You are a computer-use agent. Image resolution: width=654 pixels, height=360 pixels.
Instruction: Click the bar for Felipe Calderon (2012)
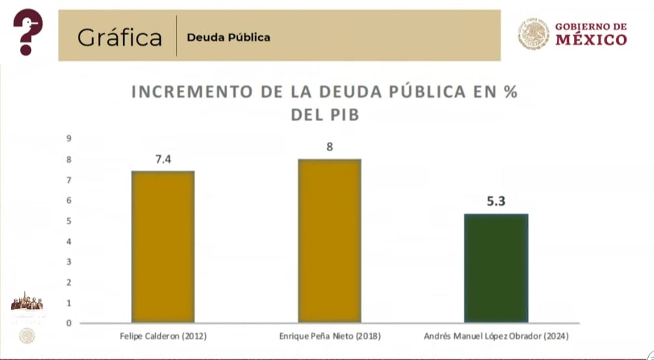(x=163, y=247)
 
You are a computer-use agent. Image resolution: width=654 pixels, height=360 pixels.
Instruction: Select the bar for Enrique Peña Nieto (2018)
(x=329, y=241)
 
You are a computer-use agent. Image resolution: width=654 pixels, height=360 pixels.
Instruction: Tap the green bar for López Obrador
(x=496, y=268)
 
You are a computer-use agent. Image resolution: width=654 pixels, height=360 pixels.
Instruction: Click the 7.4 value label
(x=163, y=159)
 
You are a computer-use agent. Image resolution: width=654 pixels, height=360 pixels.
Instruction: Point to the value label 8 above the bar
(x=329, y=146)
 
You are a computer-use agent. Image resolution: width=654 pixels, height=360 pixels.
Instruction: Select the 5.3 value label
(x=496, y=201)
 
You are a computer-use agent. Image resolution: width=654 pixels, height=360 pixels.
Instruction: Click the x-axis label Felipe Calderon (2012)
(x=163, y=336)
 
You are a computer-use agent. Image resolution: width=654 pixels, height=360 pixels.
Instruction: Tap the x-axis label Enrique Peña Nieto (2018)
(x=329, y=336)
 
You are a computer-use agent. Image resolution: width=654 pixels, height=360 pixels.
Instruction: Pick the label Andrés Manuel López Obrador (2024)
(x=496, y=336)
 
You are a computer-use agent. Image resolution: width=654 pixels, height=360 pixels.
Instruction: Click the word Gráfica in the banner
(x=119, y=37)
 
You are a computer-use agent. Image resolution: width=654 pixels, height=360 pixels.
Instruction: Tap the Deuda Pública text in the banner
(x=228, y=37)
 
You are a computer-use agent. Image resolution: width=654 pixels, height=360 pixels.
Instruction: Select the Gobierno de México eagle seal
(x=534, y=34)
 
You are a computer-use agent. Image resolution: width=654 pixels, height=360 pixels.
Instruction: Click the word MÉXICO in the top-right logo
(x=591, y=40)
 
